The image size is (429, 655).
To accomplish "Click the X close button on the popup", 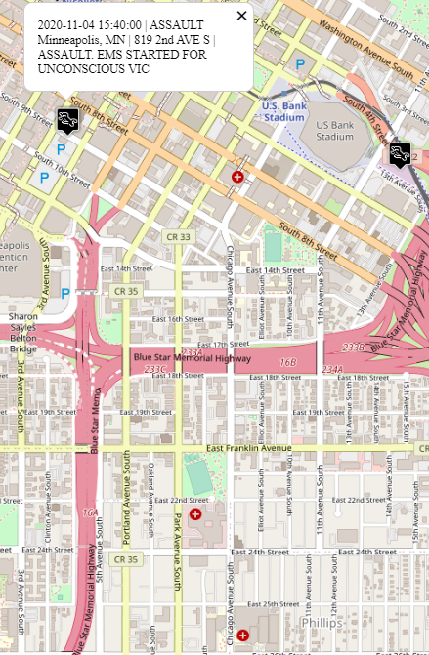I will (241, 15).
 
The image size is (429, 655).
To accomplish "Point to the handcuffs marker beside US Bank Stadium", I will (399, 152).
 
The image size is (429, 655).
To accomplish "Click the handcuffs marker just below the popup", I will (67, 119).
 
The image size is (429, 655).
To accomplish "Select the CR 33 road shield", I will (178, 236).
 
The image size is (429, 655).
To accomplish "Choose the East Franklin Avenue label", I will (248, 448).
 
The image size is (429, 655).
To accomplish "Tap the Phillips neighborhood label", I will (321, 622).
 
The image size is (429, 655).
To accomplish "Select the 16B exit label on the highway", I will (287, 362).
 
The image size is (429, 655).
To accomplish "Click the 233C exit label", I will (154, 369).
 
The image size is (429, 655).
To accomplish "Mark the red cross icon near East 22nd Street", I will (195, 513).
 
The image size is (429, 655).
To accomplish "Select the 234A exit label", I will (333, 369).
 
